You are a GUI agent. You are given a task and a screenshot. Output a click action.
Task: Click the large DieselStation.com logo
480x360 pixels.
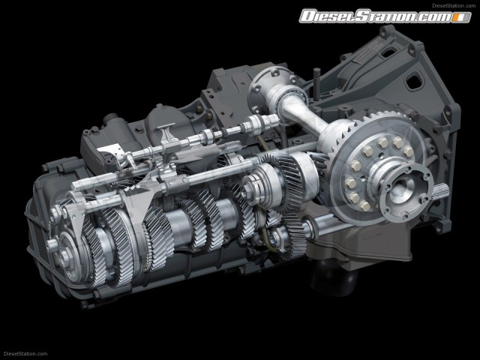pyautogui.click(x=385, y=16)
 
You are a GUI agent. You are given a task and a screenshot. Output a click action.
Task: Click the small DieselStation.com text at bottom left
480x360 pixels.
pyautogui.click(x=25, y=354)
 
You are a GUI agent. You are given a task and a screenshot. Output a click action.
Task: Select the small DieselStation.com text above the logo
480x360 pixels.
pyautogui.click(x=454, y=5)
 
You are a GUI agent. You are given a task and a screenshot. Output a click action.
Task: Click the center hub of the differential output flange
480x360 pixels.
pyautogui.click(x=401, y=187)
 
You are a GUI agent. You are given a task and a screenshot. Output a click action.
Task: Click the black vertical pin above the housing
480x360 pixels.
pyautogui.click(x=316, y=82)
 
